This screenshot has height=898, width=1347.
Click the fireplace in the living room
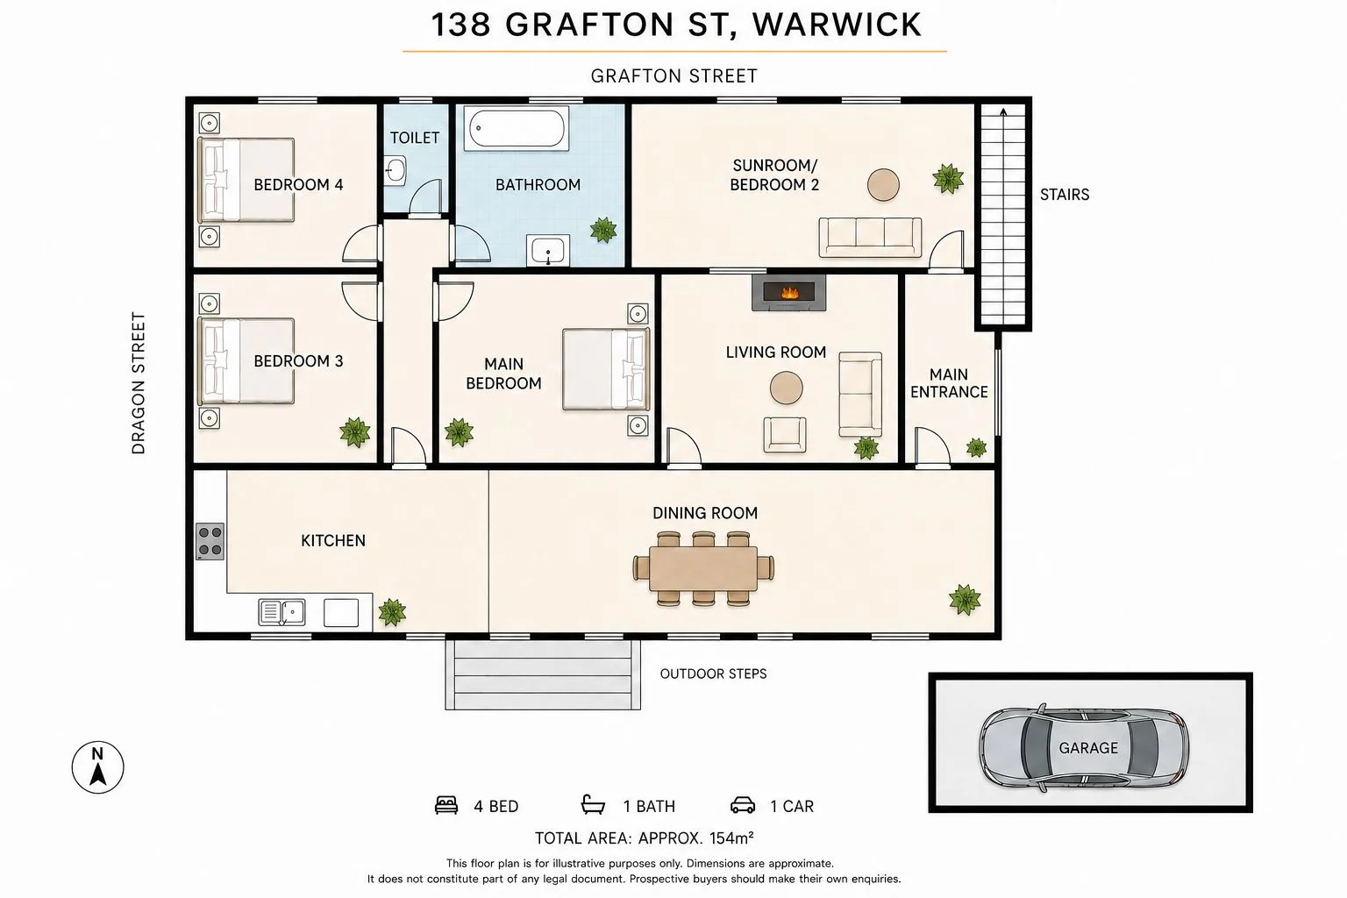tap(788, 293)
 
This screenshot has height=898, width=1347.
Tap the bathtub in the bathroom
tap(517, 128)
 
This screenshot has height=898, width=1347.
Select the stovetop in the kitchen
tap(210, 541)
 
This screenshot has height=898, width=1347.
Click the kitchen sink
tap(282, 612)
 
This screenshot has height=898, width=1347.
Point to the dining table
tap(703, 568)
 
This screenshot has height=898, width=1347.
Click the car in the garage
tap(1084, 748)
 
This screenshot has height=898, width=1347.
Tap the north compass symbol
tap(98, 766)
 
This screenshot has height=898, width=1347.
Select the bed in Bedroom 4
tap(246, 180)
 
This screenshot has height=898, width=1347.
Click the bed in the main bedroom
tap(606, 369)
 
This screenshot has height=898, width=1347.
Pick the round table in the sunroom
tap(883, 185)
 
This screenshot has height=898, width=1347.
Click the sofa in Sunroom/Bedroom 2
tap(870, 238)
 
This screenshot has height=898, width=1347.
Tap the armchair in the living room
tap(785, 435)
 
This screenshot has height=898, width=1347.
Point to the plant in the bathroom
tap(603, 230)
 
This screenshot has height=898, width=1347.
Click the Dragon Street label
tap(139, 383)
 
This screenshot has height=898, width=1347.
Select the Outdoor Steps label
tap(713, 673)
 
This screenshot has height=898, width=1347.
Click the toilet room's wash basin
tap(396, 171)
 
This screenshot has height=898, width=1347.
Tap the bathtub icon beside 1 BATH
tap(593, 805)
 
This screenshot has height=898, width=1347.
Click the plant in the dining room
tap(965, 600)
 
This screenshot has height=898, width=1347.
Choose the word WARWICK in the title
tap(837, 25)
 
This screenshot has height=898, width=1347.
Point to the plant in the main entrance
tap(976, 447)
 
